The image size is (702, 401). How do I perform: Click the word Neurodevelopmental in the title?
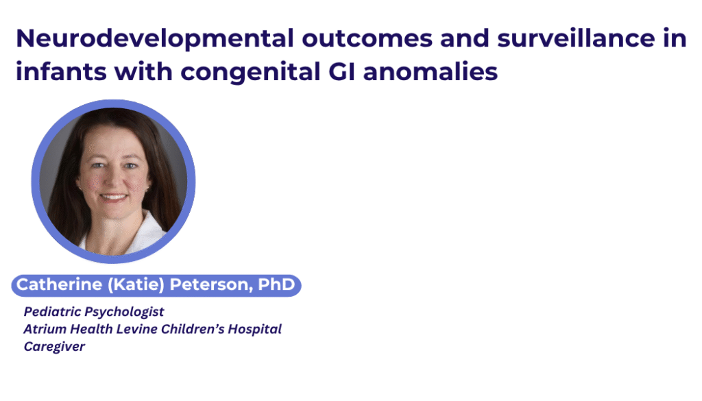pos(155,38)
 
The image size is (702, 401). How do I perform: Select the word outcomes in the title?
pos(367,39)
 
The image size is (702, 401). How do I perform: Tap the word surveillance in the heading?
pos(576,38)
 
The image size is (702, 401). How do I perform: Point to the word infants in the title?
pos(61,71)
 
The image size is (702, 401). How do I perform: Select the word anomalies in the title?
pos(431,71)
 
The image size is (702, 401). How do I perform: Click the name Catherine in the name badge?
pos(59,284)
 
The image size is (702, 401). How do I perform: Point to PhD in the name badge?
pos(276,284)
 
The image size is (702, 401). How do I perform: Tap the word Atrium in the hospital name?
pos(46,329)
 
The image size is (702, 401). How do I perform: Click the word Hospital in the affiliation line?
pos(254,330)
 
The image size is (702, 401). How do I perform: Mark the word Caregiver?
pos(55,347)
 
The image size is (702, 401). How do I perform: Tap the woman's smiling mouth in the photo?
pos(114,197)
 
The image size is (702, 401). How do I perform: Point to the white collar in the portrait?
pos(144,233)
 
